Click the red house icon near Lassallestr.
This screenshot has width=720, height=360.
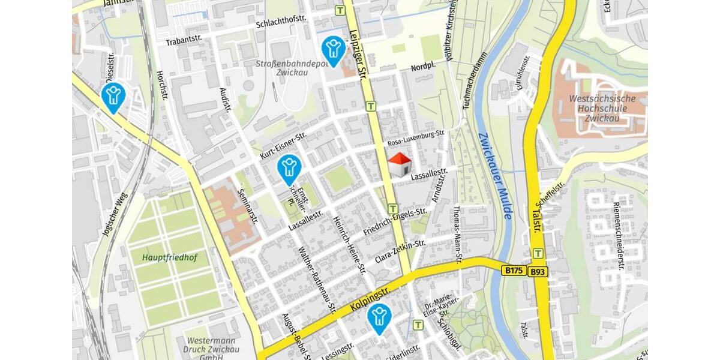pos(400,164)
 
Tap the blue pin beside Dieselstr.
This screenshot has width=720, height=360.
pos(113,97)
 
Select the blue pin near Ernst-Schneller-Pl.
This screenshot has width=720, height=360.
pos(289,169)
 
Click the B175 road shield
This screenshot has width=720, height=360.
pos(514,271)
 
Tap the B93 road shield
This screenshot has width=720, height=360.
pos(538,272)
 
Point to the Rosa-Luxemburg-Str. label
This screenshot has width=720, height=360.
pos(416,139)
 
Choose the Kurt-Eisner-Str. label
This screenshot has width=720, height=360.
pos(283,145)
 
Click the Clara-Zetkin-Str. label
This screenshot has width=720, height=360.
pos(400,251)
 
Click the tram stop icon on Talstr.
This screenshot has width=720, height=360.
pos(538,254)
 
